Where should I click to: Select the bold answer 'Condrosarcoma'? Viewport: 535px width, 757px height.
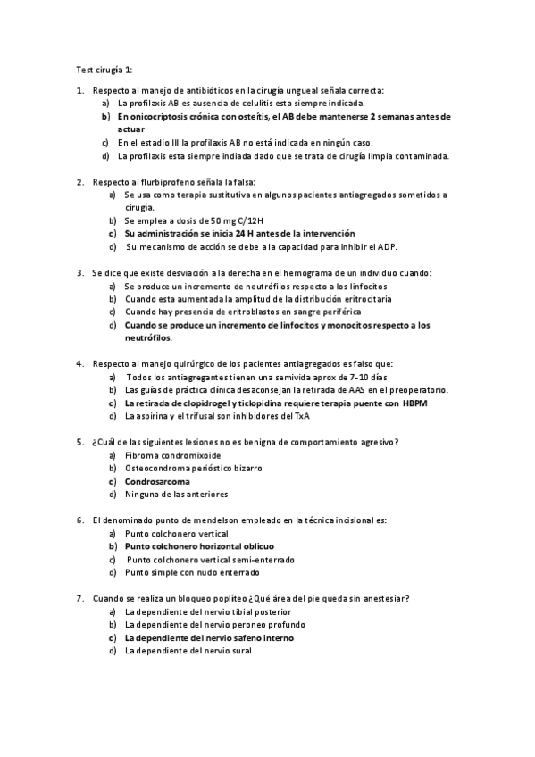[157, 481]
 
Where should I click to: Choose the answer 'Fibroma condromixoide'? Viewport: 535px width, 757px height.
[173, 455]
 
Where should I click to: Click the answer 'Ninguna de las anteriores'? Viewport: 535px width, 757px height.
[176, 494]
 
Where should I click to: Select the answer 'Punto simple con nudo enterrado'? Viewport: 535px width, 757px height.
[192, 571]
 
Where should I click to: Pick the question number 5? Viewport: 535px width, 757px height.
[80, 442]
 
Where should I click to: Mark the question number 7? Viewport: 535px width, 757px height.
[80, 597]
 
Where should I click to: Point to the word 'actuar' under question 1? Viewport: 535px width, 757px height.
[130, 129]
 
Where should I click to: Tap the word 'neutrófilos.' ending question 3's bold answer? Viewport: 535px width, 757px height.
[149, 338]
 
